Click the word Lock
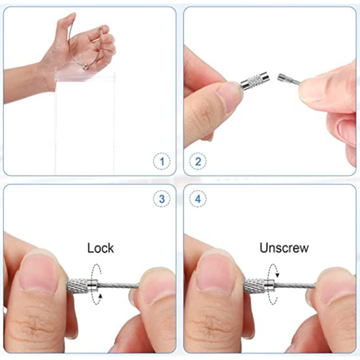[100, 248]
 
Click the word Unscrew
[284, 248]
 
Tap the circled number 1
[162, 161]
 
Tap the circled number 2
[198, 161]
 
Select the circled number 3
[162, 199]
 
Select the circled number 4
[198, 199]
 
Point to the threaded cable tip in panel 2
[282, 77]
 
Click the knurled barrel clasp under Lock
[82, 286]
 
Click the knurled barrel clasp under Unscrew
[259, 286]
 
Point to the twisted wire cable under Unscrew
[295, 286]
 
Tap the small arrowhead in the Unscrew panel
[277, 274]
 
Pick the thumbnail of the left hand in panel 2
[229, 96]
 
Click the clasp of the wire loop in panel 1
[86, 67]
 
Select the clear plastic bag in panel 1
[85, 123]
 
